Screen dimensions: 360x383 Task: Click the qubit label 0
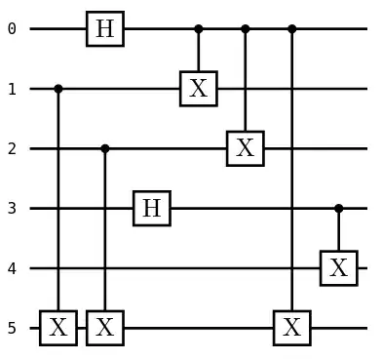(12, 29)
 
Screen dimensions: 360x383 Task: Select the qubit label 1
(12, 89)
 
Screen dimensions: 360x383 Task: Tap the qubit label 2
(12, 148)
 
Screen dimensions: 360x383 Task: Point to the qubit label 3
(12, 208)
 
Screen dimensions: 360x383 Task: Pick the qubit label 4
(12, 267)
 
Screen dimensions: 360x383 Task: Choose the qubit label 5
(12, 328)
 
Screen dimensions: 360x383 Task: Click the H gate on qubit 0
(104, 29)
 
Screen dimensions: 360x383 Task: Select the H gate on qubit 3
(151, 208)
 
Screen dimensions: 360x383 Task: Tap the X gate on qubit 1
(198, 89)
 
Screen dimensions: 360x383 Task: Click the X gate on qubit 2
(245, 148)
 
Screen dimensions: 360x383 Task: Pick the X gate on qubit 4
(338, 267)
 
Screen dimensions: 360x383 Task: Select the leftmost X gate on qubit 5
(57, 328)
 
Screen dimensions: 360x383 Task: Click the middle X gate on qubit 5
(104, 328)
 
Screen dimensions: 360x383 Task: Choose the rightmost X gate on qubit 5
(291, 328)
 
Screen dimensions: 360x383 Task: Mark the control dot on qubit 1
(57, 89)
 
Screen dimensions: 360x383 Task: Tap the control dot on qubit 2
(104, 148)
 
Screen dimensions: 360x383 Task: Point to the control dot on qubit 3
(338, 208)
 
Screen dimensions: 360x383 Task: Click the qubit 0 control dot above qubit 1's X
(198, 29)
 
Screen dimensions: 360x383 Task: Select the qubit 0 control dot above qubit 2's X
(245, 29)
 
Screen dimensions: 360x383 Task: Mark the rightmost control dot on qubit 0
(291, 29)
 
